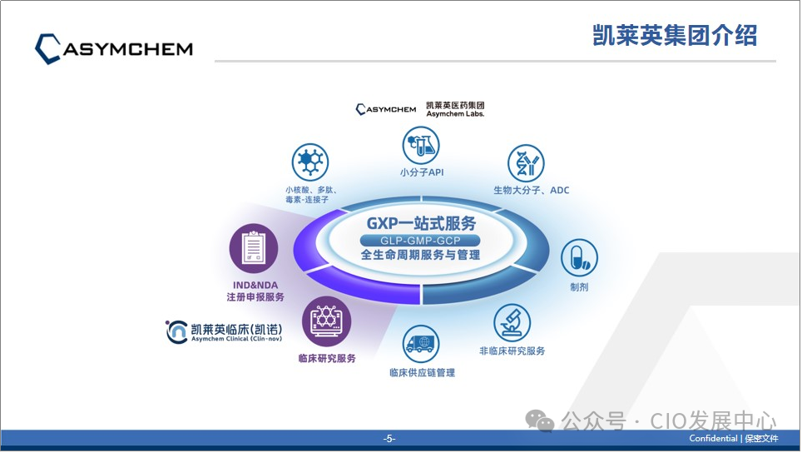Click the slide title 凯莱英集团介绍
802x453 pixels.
[x=675, y=36]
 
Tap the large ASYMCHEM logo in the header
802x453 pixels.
[x=114, y=48]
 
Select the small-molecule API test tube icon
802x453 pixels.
[x=421, y=145]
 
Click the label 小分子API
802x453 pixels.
[x=421, y=172]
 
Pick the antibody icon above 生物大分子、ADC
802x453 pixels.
[x=526, y=163]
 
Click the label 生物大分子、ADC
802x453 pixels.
[x=531, y=190]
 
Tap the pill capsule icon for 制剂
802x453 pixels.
[x=579, y=259]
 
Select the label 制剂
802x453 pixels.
[x=579, y=286]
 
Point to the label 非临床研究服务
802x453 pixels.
[x=512, y=351]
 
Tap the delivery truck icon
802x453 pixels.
[x=422, y=343]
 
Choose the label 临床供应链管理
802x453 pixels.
[x=422, y=372]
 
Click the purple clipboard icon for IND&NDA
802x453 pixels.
[x=253, y=247]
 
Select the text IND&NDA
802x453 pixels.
[x=252, y=285]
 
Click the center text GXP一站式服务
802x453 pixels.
[x=421, y=223]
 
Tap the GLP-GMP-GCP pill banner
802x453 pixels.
[x=421, y=241]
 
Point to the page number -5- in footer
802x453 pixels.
[x=389, y=439]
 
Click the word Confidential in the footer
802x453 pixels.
[x=713, y=439]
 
